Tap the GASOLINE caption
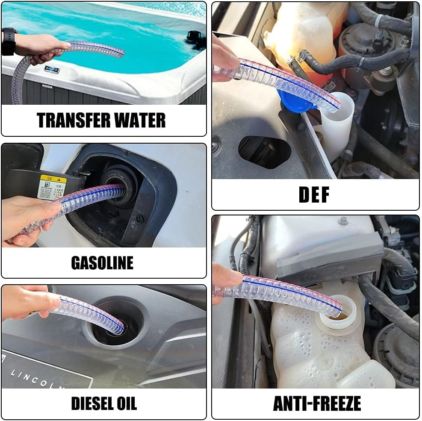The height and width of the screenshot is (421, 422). point(102,262)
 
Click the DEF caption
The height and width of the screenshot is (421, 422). point(314,195)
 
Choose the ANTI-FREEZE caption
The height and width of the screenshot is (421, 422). point(317,403)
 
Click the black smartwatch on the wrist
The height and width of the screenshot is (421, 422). point(9,41)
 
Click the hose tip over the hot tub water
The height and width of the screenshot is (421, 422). point(118,52)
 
